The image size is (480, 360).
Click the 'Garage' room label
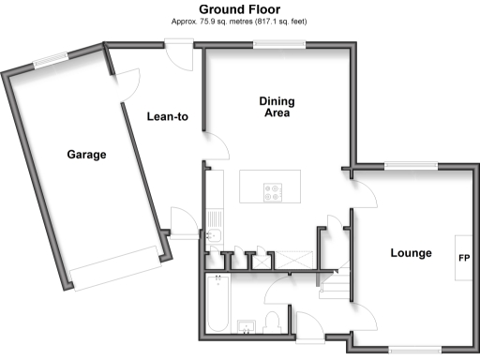pyautogui.click(x=85, y=155)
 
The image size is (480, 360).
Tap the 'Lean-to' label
pyautogui.click(x=168, y=117)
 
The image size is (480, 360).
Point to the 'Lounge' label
pyautogui.click(x=411, y=253)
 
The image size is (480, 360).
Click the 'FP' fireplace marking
pyautogui.click(x=463, y=257)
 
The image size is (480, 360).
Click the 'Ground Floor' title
pyautogui.click(x=239, y=9)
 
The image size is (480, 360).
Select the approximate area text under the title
pyautogui.click(x=239, y=21)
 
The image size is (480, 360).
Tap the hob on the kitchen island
pyautogui.click(x=275, y=191)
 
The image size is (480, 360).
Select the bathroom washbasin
pyautogui.click(x=247, y=325)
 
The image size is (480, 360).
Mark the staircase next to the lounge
pyautogui.click(x=334, y=282)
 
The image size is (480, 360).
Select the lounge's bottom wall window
pyautogui.click(x=414, y=350)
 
